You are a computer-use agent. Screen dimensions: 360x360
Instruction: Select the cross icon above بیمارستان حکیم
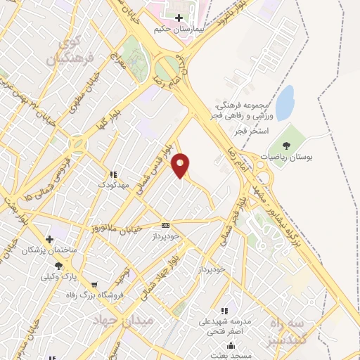[180, 18]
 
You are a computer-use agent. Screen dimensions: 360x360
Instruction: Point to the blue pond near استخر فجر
[284, 103]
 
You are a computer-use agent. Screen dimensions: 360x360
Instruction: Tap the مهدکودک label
[112, 185]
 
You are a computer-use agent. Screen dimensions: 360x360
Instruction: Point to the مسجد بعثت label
[243, 356]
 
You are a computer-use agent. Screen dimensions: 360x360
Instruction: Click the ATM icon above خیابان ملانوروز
[165, 225]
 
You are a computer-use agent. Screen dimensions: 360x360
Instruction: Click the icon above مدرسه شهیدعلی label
[224, 311]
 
